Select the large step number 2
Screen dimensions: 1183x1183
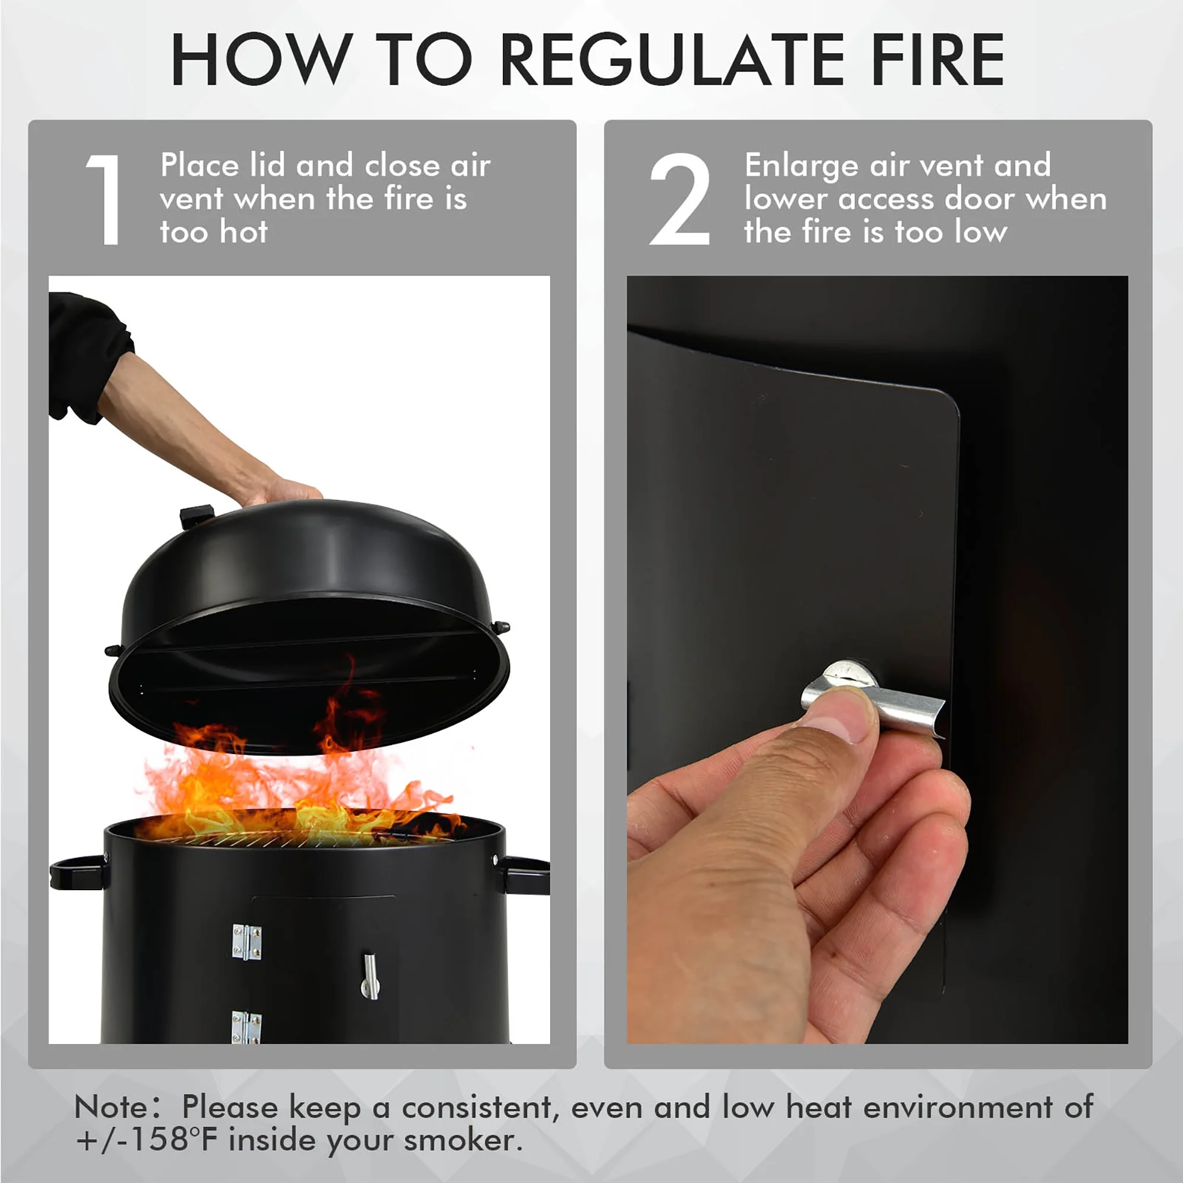[x=680, y=199]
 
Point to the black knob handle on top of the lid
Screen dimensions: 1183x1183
[x=196, y=516]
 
